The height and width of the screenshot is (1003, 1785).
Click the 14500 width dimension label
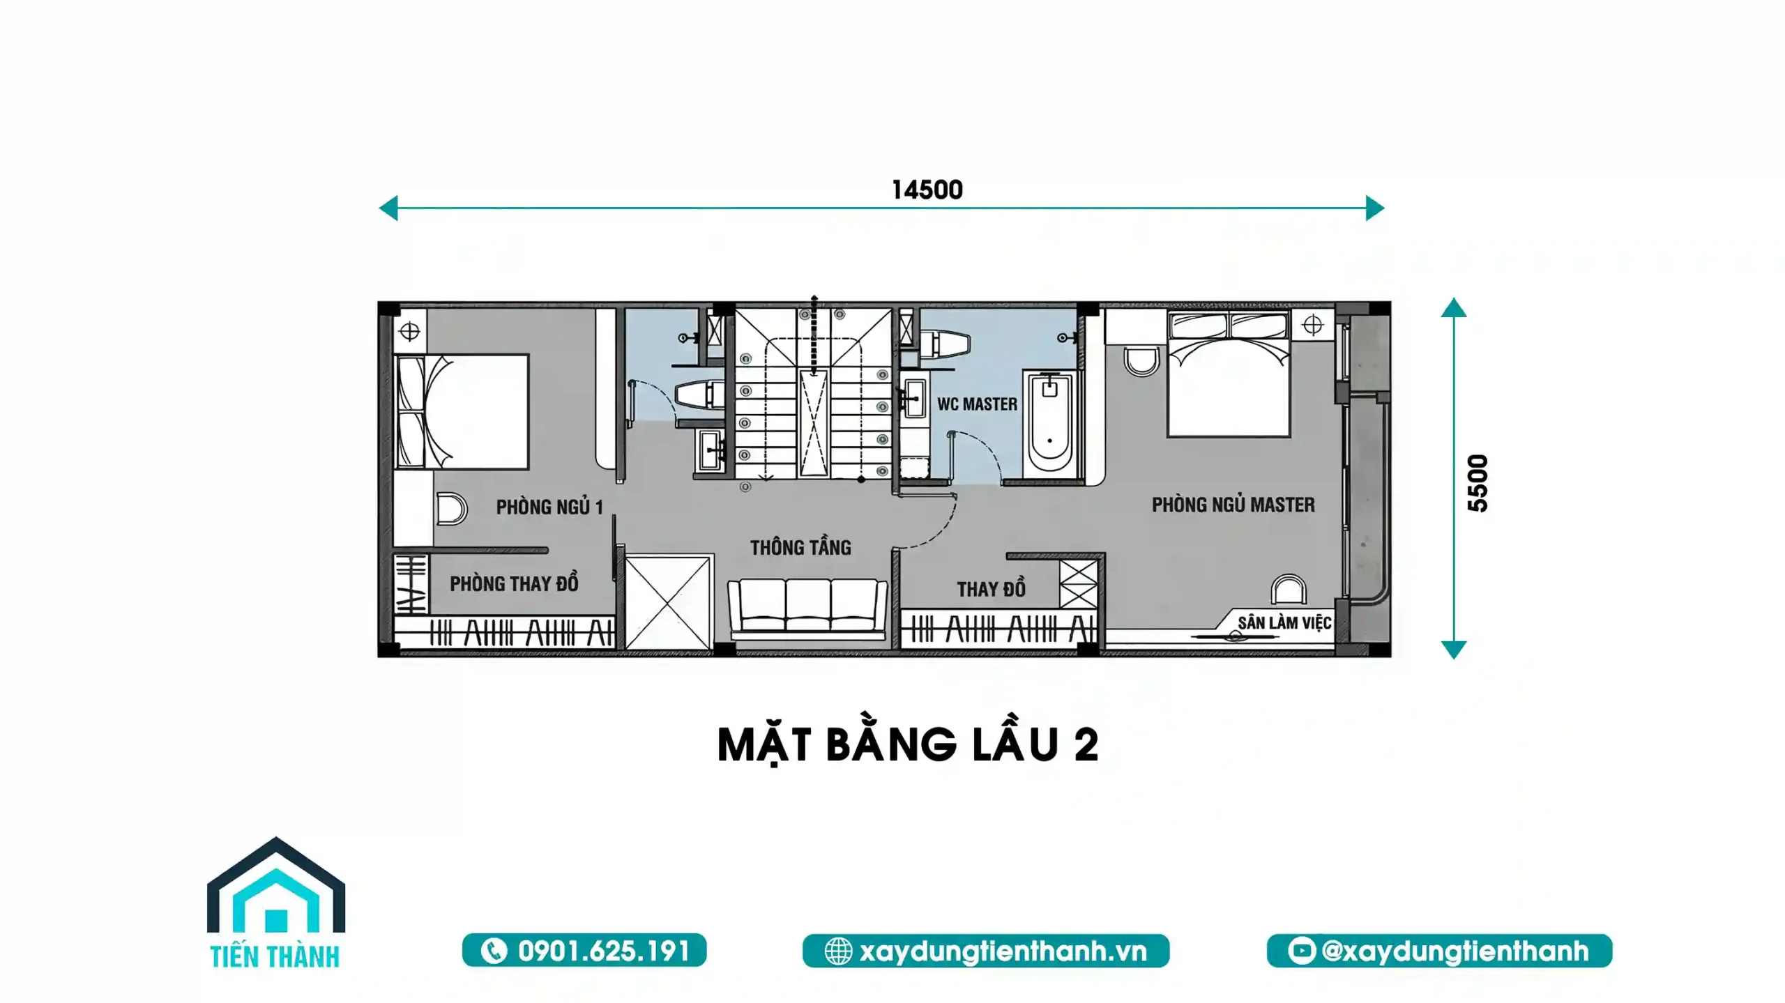(927, 190)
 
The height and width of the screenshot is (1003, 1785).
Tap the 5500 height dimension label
(1478, 483)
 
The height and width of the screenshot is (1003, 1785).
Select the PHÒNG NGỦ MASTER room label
(1233, 505)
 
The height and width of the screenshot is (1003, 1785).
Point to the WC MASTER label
(977, 404)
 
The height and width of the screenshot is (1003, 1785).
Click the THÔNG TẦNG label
(800, 548)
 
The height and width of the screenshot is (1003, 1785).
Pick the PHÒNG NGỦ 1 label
(549, 507)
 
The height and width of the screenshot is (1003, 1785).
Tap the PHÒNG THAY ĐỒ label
(514, 583)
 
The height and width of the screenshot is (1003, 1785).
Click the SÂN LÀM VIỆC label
(1284, 622)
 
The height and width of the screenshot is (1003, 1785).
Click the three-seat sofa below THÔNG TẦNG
(807, 608)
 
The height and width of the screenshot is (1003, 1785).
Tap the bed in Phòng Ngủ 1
(462, 411)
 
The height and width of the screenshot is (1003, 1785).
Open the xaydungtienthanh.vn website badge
(986, 951)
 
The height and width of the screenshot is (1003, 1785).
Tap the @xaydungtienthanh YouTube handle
(1439, 951)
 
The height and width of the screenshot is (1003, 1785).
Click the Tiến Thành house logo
(275, 902)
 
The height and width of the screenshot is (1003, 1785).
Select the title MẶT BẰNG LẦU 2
(908, 745)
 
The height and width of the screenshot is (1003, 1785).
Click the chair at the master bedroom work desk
(1289, 590)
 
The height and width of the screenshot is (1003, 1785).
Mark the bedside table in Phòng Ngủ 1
(410, 331)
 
